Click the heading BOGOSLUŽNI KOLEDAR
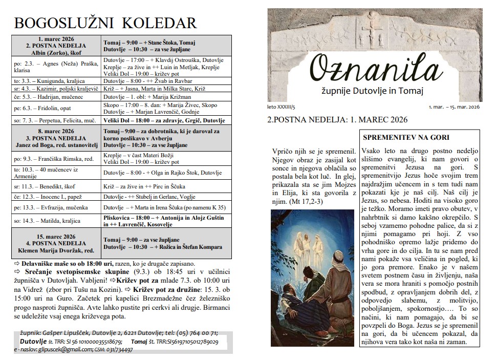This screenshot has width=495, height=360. coord(105,23)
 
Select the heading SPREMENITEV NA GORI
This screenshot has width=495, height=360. coord(405,138)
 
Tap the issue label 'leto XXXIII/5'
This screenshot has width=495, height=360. coord(282,107)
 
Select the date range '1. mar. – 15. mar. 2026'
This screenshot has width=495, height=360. coord(454,107)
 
